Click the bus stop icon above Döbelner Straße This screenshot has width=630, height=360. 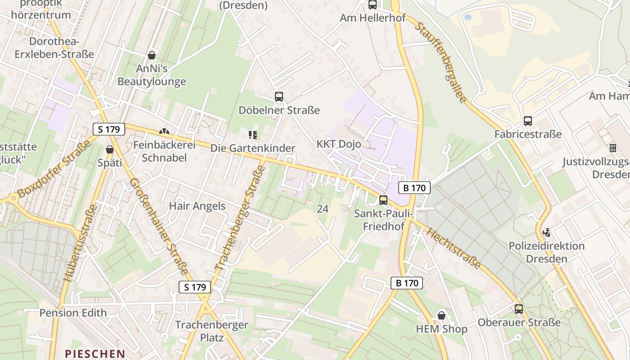point(279,96)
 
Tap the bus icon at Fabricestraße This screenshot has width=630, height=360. point(527,121)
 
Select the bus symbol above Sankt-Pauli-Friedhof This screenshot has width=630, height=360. point(383,200)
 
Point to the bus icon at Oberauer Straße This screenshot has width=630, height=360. point(519,309)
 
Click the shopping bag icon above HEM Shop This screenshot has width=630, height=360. point(441,315)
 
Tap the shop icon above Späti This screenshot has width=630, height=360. point(110,149)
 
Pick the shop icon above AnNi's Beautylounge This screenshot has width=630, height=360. point(152,55)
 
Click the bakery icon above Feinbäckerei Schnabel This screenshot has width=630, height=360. point(164,132)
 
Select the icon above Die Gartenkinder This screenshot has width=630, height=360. point(253,135)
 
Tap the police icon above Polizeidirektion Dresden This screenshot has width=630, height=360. point(547,233)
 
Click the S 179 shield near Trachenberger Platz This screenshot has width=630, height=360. point(195,287)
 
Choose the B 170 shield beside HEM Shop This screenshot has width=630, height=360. point(407,283)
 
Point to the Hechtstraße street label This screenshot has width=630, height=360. point(453,248)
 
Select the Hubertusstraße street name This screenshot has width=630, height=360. point(81,243)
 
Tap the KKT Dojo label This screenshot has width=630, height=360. point(339,144)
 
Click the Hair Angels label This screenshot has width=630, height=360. point(197,206)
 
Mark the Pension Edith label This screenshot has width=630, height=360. point(73,313)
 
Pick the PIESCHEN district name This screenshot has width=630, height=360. point(95,354)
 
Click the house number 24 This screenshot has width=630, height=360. point(322,208)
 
